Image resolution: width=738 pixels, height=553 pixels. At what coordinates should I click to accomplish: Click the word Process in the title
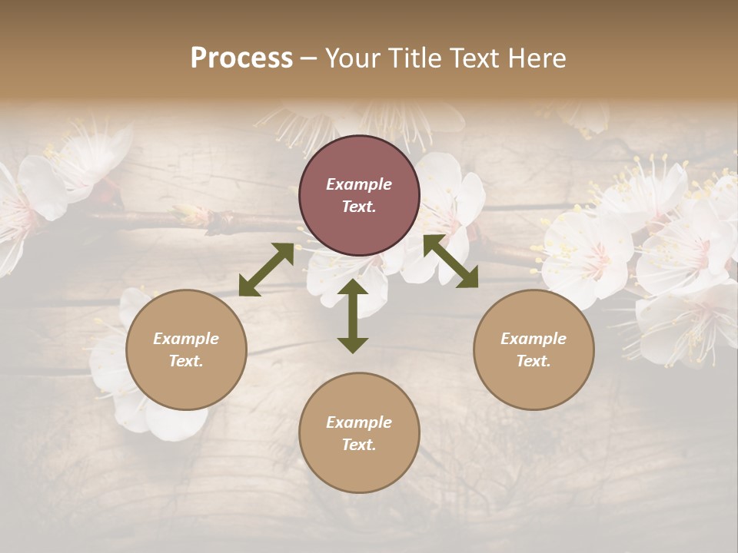[x=241, y=58]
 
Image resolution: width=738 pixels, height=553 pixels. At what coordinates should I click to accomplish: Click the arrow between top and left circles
[x=266, y=270]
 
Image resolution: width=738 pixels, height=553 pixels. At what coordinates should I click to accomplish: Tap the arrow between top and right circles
[x=450, y=261]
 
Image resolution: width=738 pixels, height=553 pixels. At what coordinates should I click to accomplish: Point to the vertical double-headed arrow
[x=353, y=316]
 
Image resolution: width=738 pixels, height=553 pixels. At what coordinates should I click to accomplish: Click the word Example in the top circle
[x=359, y=184]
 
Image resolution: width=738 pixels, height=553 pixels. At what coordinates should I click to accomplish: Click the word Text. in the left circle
[x=186, y=361]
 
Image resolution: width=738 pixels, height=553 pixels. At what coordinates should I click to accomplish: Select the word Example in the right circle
[x=534, y=339]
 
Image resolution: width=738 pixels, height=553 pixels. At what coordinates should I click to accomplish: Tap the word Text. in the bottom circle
[x=359, y=445]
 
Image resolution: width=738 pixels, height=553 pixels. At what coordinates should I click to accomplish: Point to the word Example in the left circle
[x=186, y=339]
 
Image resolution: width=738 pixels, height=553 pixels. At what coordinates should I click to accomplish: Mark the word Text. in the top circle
[x=359, y=207]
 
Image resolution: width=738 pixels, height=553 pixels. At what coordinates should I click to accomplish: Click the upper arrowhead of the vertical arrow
[x=353, y=288]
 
